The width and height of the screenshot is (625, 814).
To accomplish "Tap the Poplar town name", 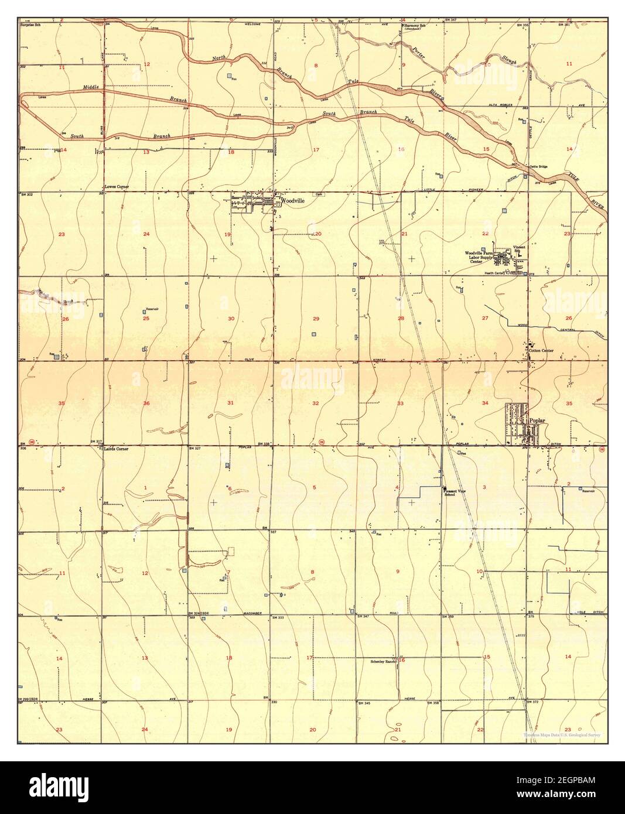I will tap(537, 420).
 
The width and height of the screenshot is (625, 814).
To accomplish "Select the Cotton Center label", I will tap(541, 351).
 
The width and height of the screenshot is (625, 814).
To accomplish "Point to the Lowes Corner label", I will tap(117, 187).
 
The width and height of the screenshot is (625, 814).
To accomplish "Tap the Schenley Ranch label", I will tap(384, 661).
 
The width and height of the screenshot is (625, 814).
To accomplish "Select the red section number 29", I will tap(316, 319).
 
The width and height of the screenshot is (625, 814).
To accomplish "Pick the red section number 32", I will tap(315, 403).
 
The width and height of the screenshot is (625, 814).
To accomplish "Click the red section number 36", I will tap(146, 403).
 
